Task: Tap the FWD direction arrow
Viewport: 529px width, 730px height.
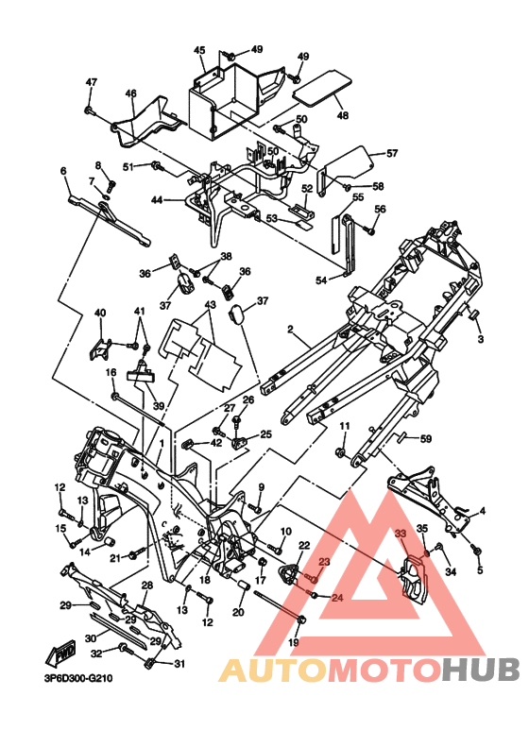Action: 60,654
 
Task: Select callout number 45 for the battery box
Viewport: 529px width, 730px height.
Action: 199,50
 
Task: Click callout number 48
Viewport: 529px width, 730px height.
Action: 342,114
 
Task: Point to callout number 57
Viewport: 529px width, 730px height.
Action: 392,153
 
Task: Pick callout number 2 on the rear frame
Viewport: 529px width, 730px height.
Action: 290,330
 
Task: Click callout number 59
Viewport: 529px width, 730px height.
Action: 426,438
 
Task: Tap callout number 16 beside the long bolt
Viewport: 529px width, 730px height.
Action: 111,372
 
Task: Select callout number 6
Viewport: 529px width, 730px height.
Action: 63,171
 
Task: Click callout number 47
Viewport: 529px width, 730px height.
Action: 91,82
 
